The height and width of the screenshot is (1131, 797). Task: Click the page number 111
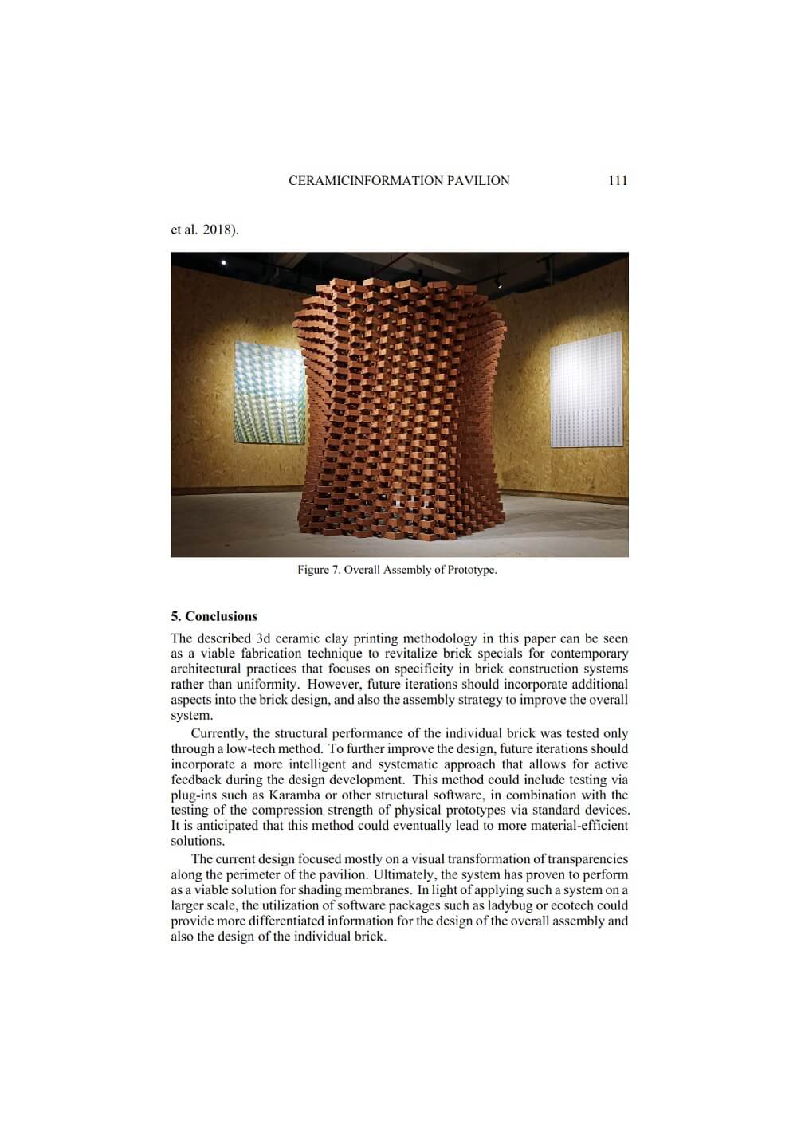coord(618,181)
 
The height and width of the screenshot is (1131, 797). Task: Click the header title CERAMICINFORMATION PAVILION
coord(398,181)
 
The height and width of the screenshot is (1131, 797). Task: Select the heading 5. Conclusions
coord(214,616)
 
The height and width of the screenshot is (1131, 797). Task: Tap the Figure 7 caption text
coord(397,570)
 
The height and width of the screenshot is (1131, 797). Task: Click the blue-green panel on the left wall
coord(269,394)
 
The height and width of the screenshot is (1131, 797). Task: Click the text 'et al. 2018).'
coord(205,230)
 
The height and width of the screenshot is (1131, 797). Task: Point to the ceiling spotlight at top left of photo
coord(223,262)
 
